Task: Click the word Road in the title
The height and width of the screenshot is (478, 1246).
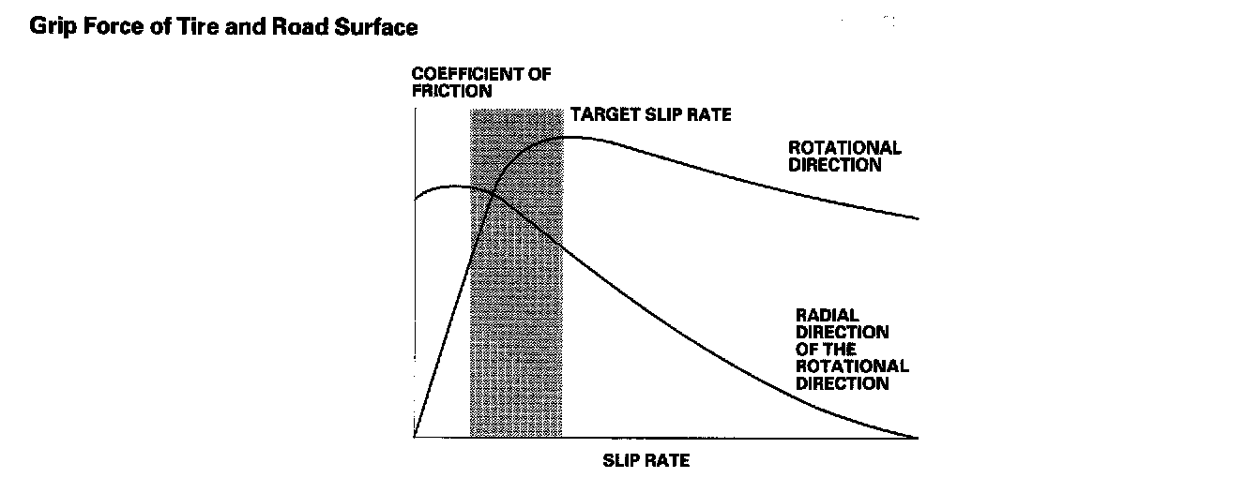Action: (307, 27)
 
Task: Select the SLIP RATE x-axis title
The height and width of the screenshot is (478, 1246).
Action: (646, 461)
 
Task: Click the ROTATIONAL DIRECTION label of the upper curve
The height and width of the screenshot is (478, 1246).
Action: (843, 156)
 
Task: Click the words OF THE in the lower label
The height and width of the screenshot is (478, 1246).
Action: (826, 350)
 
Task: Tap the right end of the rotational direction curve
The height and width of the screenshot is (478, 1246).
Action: (918, 218)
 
